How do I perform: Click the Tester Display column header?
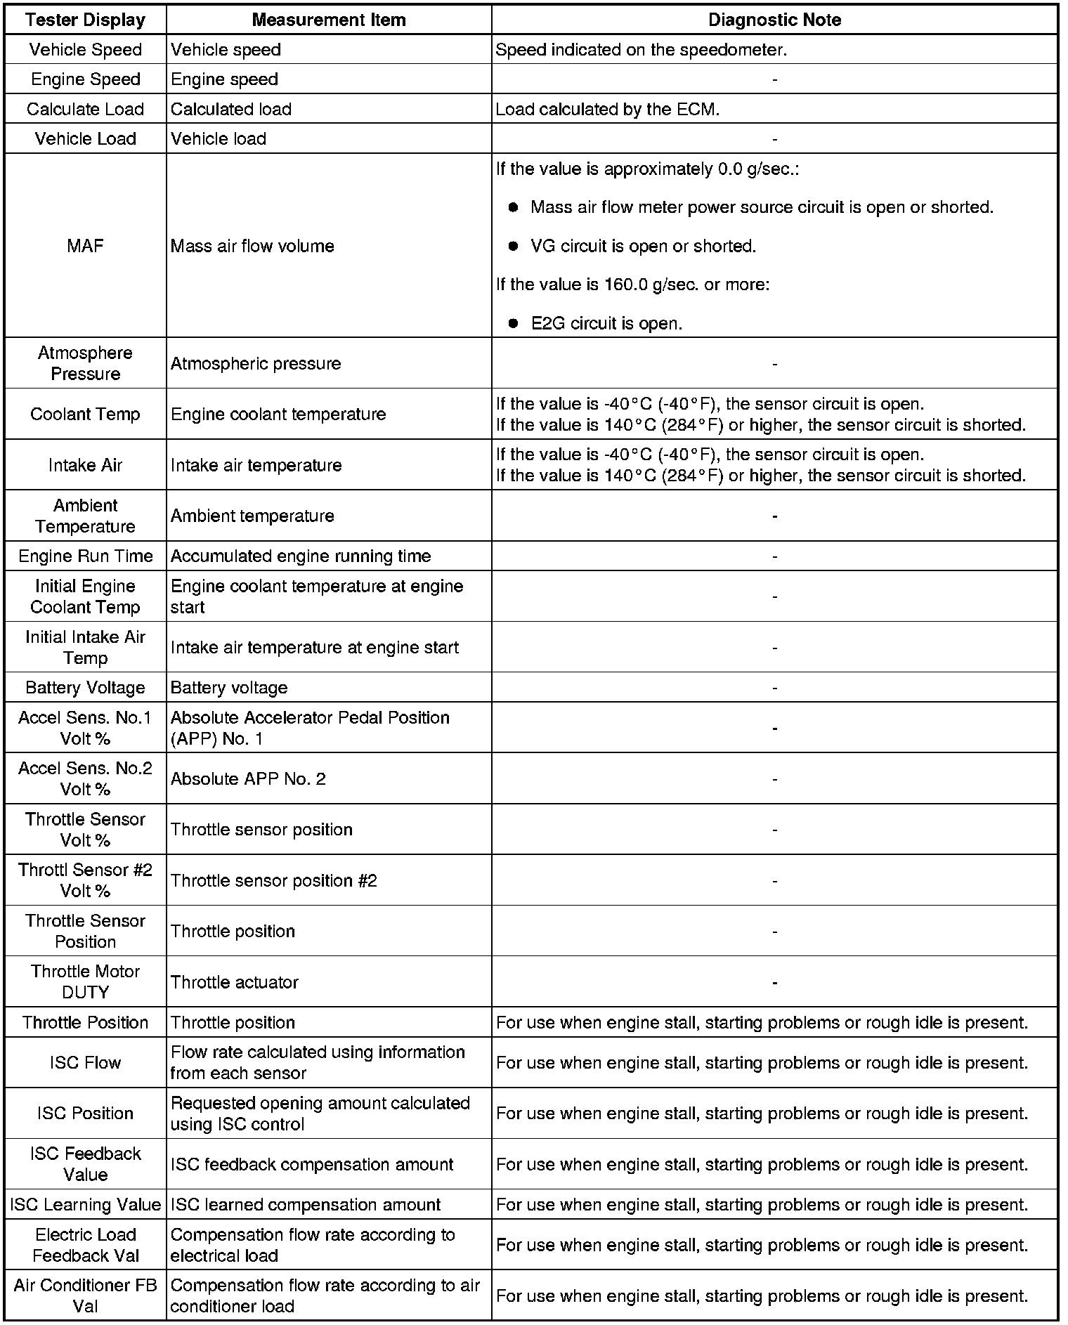[x=85, y=20]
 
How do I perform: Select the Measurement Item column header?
[x=328, y=20]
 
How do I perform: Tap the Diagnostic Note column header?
[x=774, y=20]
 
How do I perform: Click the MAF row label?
[x=85, y=246]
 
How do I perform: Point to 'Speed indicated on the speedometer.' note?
[x=641, y=50]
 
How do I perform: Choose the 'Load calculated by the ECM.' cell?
[x=607, y=109]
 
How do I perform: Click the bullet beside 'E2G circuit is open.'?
[x=514, y=323]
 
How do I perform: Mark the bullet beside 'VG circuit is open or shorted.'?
[x=514, y=246]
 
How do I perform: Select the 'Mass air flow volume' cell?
[x=252, y=246]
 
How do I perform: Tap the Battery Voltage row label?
[x=85, y=687]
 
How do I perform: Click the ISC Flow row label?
[x=85, y=1062]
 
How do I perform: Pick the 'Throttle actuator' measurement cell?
[x=235, y=981]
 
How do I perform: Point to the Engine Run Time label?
[x=85, y=556]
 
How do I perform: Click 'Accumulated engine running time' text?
[x=301, y=556]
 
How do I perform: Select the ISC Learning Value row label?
[x=85, y=1204]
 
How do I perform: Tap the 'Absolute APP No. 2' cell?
[x=248, y=778]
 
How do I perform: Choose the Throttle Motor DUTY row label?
[x=85, y=981]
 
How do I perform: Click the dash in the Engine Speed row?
[x=774, y=79]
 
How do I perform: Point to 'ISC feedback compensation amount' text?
[x=312, y=1164]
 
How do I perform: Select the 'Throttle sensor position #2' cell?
[x=274, y=880]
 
